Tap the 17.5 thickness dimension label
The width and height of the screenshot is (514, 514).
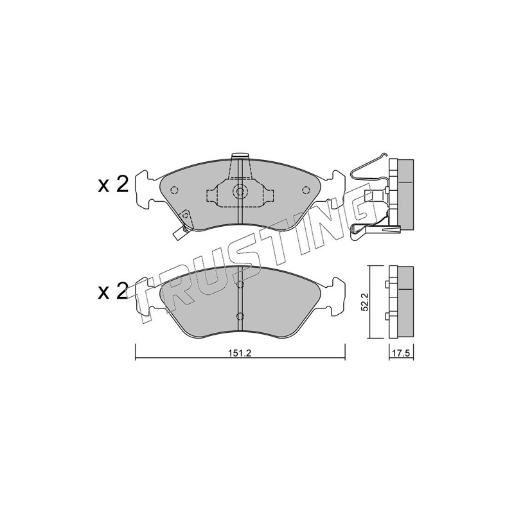coord(401,353)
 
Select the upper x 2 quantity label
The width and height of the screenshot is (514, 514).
coord(114,186)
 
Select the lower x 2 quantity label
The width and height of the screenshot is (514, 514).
coord(114,292)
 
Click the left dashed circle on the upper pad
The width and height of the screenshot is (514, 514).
coord(174,190)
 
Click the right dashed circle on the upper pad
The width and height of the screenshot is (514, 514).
coord(306,190)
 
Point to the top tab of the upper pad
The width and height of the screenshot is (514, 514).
coord(240,157)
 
